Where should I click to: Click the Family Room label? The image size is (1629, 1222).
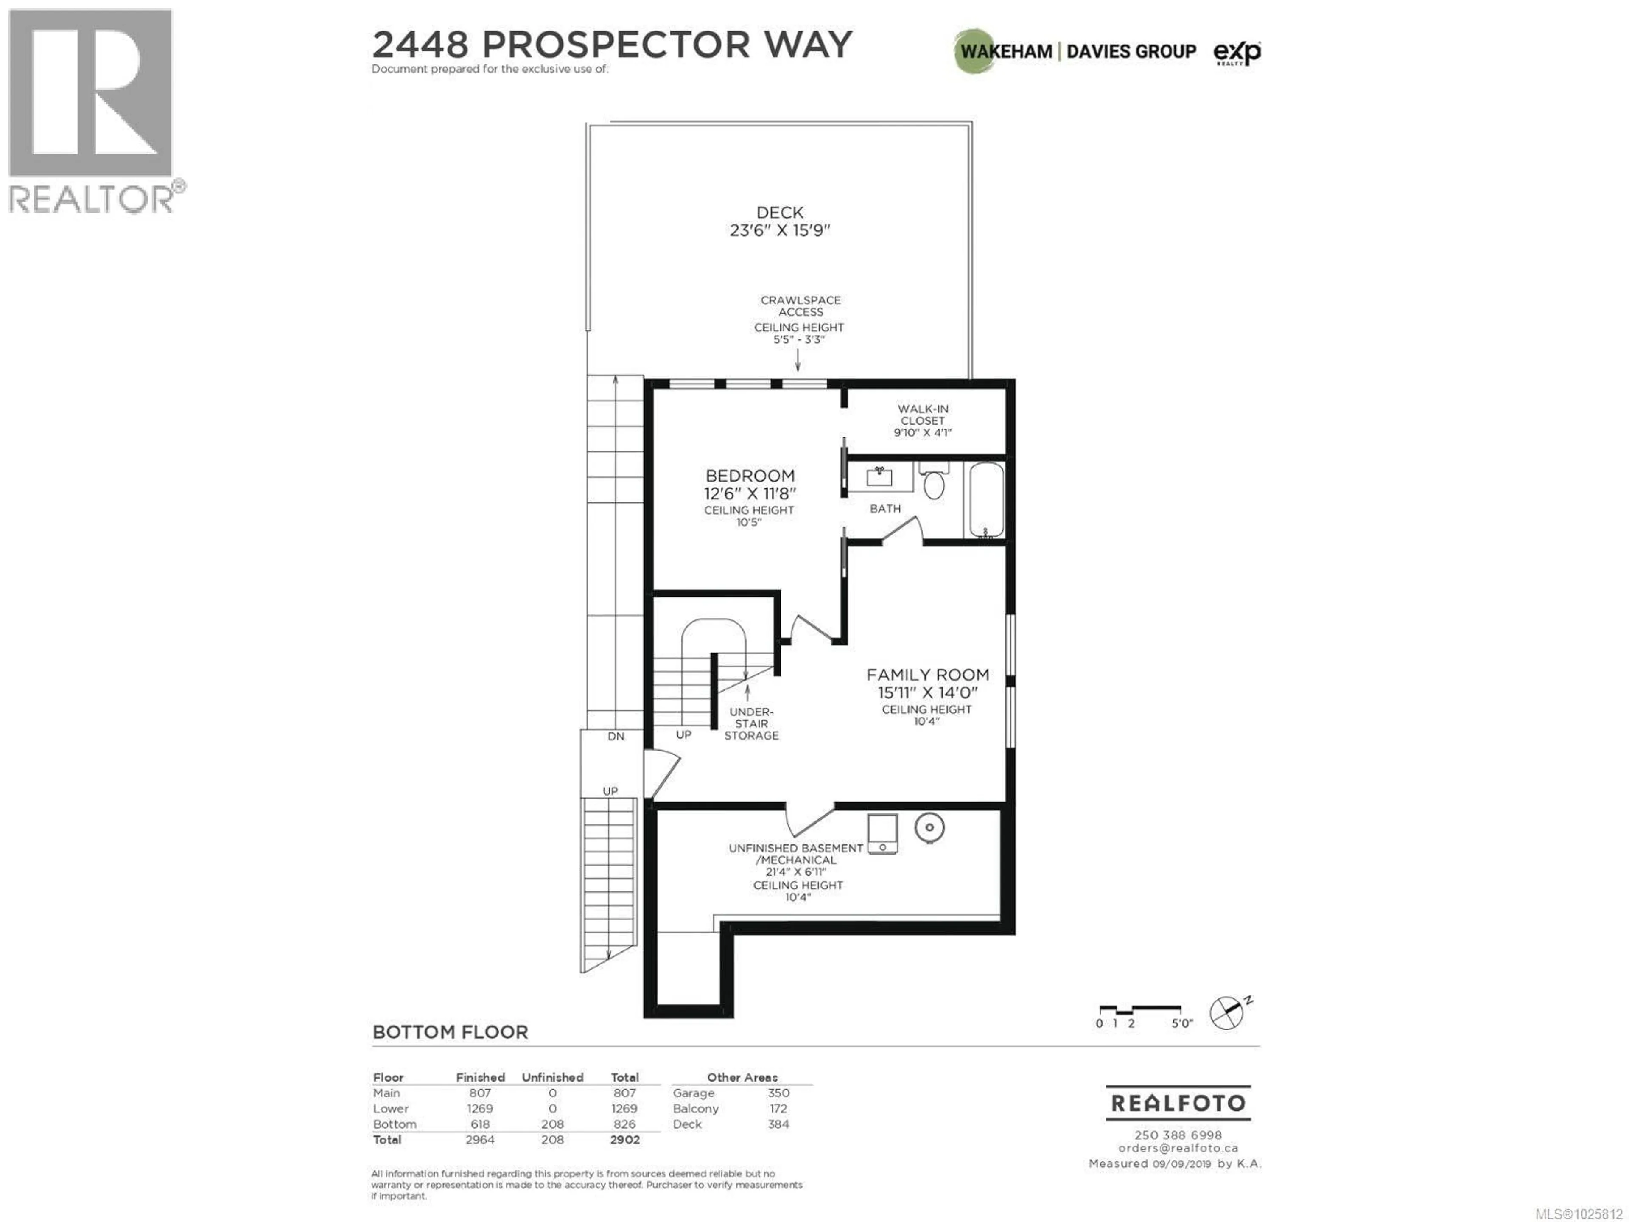point(927,675)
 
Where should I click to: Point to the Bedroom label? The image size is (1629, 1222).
point(750,476)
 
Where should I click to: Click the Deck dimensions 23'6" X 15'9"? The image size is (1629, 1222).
point(780,230)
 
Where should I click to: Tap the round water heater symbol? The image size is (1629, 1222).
point(929,828)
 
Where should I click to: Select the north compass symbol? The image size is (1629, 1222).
point(1227,1013)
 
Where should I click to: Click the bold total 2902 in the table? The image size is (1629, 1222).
point(624,1140)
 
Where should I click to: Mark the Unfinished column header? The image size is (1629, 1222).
point(552,1077)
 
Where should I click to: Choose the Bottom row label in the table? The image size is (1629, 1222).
point(395,1124)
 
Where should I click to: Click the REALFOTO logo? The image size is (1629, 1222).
point(1178,1103)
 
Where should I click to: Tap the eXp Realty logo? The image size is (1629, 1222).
point(1237,52)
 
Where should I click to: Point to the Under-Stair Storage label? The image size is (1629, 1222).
point(751,723)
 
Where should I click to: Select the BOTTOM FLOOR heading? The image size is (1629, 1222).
point(450,1032)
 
